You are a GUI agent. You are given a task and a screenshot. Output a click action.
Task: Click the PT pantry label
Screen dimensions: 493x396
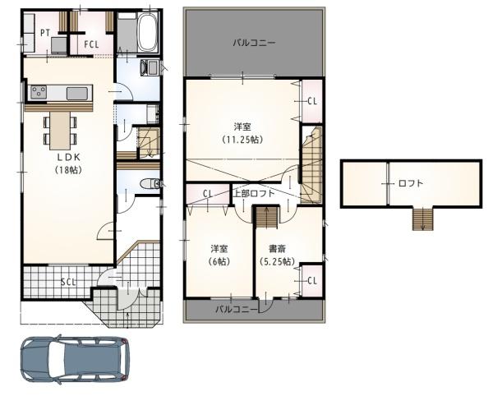tap(45, 33)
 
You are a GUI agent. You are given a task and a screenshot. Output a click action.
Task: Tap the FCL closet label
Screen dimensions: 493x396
tap(91, 44)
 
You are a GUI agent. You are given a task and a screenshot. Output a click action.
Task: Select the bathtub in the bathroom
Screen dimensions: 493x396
tap(147, 32)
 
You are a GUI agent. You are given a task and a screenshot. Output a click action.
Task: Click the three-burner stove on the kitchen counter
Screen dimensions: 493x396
tap(39, 92)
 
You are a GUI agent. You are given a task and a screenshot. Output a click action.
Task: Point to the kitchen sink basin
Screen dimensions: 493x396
tap(77, 94)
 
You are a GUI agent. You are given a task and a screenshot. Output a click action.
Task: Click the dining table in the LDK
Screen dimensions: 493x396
tap(60, 130)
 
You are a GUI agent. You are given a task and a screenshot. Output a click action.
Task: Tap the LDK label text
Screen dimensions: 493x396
tap(68, 157)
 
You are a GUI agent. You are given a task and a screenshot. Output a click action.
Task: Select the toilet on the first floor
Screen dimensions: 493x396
tap(150, 184)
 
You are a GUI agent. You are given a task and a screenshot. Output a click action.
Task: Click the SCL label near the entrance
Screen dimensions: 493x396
tap(68, 282)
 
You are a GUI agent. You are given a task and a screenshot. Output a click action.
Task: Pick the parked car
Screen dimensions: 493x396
tap(75, 359)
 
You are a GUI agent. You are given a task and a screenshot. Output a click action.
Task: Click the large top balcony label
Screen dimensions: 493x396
tap(254, 43)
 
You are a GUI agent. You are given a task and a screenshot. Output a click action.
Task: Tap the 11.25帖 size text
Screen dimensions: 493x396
tap(242, 139)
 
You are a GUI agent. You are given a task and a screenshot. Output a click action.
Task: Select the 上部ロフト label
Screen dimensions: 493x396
tap(254, 193)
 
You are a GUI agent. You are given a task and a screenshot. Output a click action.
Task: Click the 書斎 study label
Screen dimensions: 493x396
tap(277, 249)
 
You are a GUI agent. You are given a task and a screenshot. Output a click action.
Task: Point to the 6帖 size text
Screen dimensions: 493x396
tap(219, 261)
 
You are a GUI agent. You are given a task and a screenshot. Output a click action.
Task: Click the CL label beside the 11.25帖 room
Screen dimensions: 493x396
tap(312, 101)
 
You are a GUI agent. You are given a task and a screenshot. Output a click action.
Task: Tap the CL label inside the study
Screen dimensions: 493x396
tap(312, 280)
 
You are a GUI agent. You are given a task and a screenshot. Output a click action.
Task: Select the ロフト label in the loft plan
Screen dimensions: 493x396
tap(411, 183)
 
